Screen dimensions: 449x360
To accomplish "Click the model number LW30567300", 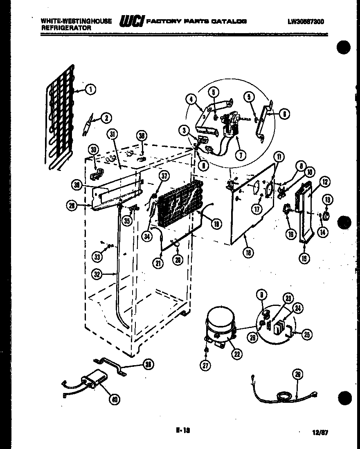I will click(x=305, y=21).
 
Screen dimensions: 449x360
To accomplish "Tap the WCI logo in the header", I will click(x=131, y=22).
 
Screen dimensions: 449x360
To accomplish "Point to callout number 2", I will click(x=106, y=118).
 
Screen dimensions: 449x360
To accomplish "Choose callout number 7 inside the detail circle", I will click(x=241, y=155).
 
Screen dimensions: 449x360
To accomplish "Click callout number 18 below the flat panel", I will click(x=248, y=252).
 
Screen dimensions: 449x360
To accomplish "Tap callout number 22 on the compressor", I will click(x=236, y=354).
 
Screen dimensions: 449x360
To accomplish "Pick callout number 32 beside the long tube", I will click(x=97, y=275).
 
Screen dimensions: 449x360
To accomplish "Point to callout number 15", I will click(x=304, y=258).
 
